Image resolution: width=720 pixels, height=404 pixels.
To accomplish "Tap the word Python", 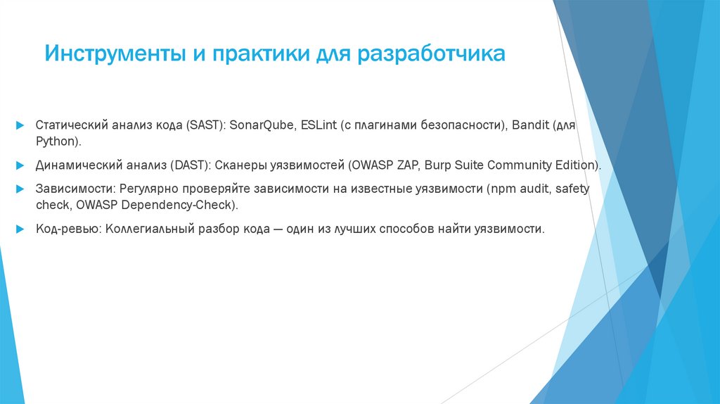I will [x=58, y=141].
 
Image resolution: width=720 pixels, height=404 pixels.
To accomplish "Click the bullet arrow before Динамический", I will [x=21, y=165].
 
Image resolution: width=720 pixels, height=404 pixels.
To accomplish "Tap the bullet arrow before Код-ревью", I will [x=21, y=229].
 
